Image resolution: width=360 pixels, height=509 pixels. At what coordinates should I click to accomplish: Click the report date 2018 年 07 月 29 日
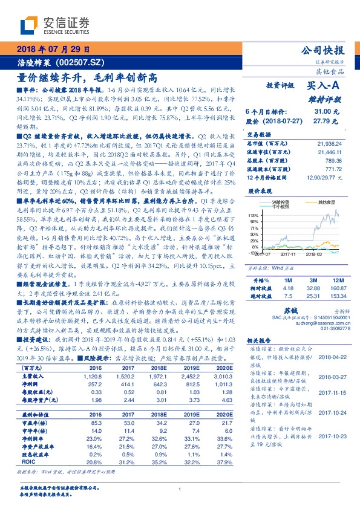pyautogui.click(x=53, y=50)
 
